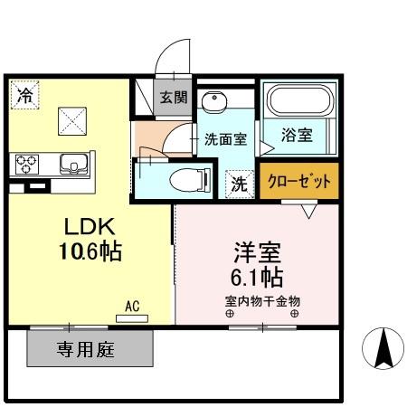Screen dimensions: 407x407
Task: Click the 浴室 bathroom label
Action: (x=297, y=136)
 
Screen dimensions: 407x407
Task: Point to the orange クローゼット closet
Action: (x=299, y=182)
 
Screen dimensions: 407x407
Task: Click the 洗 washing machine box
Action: (x=236, y=183)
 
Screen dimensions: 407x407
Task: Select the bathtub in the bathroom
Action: (x=298, y=103)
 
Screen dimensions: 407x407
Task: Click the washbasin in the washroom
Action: (x=214, y=101)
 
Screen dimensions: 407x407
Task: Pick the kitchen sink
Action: (x=72, y=165)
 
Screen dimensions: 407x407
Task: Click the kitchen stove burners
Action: (x=27, y=165)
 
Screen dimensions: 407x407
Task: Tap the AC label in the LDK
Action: (x=132, y=308)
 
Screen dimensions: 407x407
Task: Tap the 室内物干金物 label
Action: (x=262, y=299)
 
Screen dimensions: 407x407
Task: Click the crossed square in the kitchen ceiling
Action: (x=72, y=118)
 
